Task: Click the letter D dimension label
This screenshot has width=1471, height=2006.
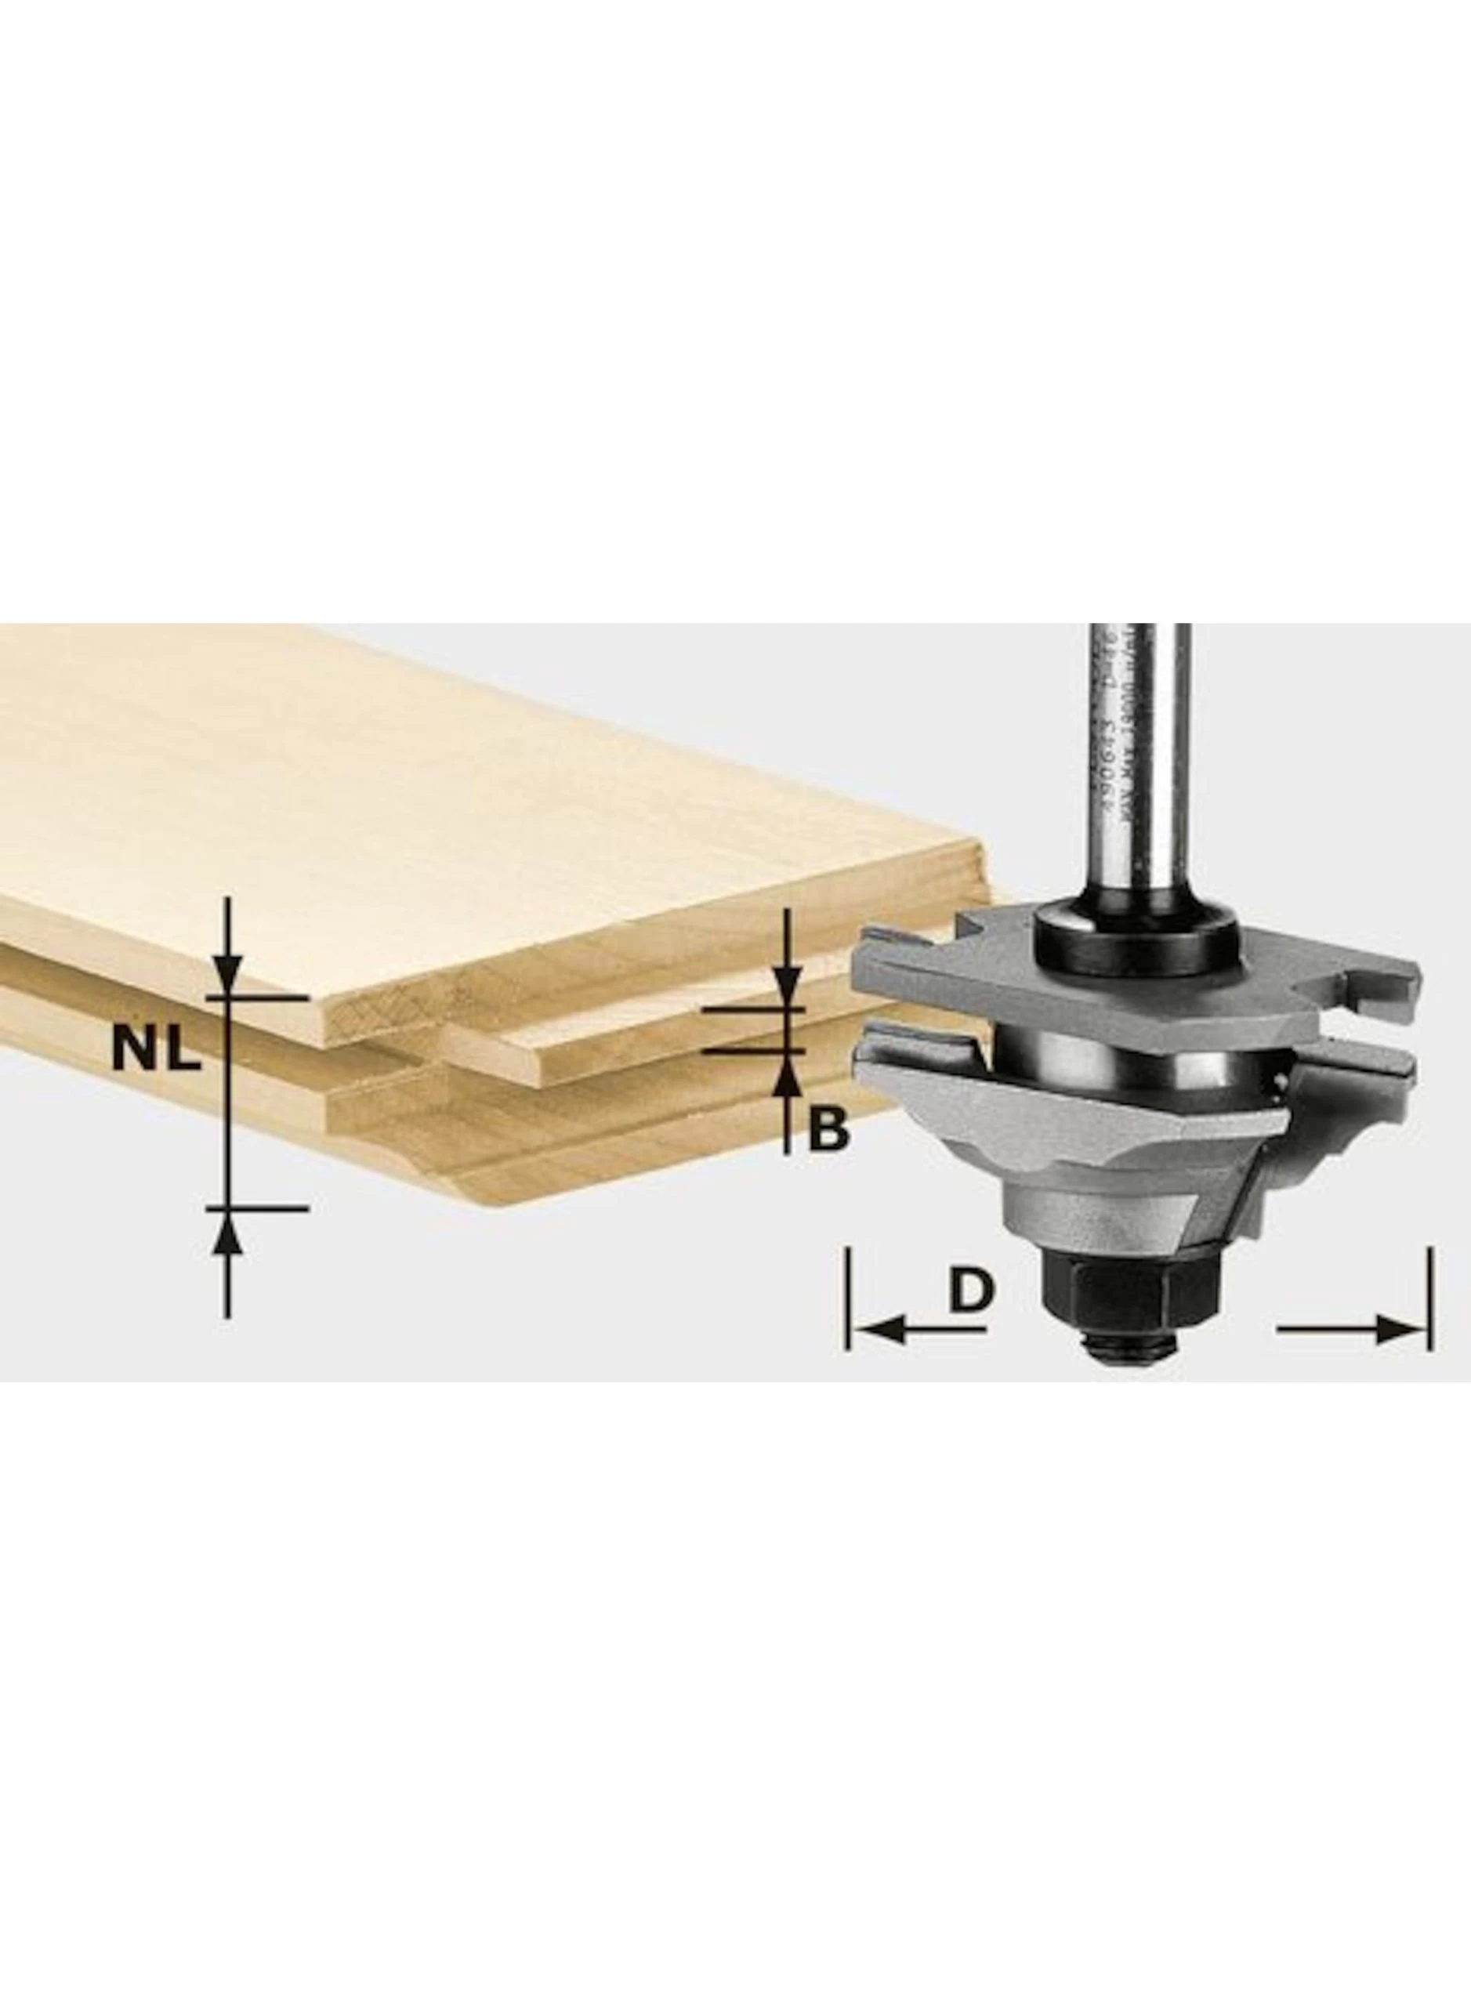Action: [x=969, y=1287]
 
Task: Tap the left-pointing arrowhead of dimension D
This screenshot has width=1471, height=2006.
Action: [x=878, y=1331]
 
